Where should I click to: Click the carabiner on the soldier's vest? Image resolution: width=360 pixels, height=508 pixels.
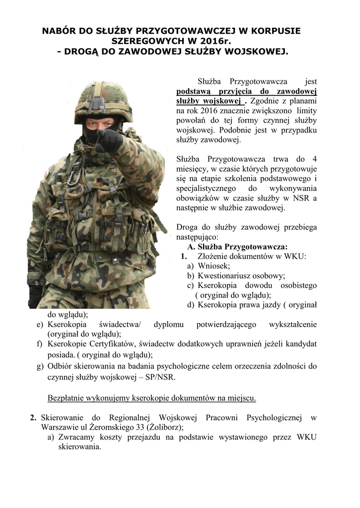click(x=74, y=174)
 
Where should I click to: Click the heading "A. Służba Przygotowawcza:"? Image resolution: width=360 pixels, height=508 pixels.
click(x=237, y=247)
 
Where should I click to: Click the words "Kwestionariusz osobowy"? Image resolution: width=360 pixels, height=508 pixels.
click(x=241, y=276)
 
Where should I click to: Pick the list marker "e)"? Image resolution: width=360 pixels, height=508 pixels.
click(x=40, y=324)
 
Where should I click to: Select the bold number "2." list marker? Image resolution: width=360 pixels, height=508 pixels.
click(x=33, y=417)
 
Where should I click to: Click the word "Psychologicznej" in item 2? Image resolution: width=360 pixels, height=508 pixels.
click(x=274, y=417)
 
